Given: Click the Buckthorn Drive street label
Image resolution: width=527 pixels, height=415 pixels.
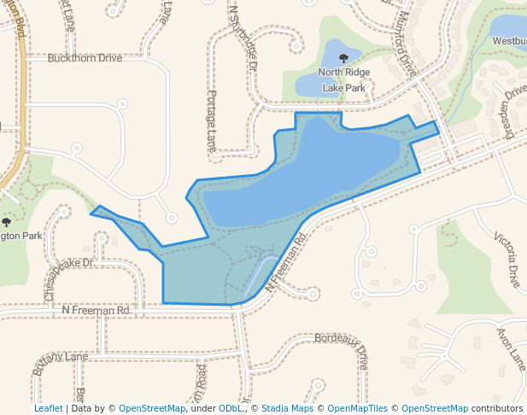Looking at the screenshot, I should tap(85, 58).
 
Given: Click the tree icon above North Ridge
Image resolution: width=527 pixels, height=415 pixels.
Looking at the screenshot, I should tap(344, 59).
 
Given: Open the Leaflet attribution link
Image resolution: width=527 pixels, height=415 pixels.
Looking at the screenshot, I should tap(48, 408).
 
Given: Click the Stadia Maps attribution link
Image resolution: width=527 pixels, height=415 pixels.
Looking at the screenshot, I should tap(287, 408).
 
